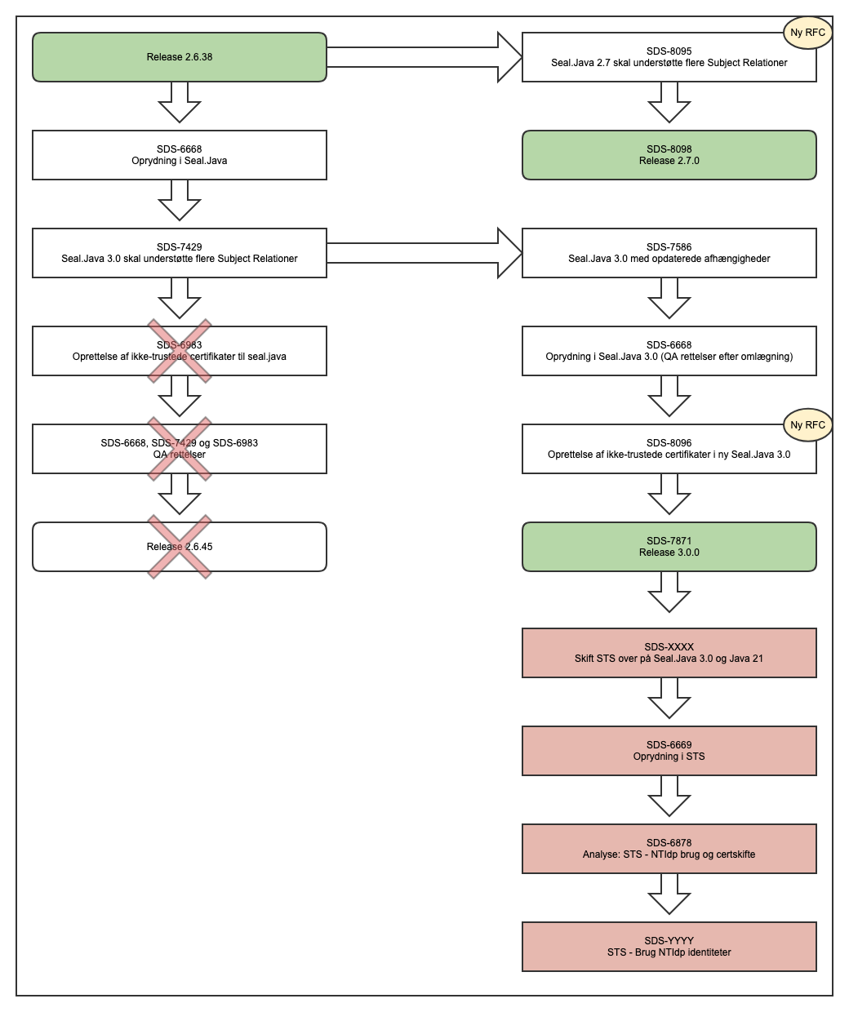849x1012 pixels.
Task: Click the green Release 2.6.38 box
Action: [x=180, y=57]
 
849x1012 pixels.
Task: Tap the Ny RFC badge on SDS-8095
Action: [x=807, y=33]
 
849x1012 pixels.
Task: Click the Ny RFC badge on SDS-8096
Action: [x=807, y=424]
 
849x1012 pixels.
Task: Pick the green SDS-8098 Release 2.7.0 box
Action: [x=669, y=155]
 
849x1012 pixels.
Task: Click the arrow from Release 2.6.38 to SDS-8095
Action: [x=424, y=57]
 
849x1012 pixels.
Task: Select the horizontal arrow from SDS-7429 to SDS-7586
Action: [x=424, y=253]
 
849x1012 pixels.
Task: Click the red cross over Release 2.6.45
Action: [x=180, y=547]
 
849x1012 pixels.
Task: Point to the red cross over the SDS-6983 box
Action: [x=180, y=351]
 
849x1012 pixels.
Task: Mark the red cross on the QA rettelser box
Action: [x=180, y=449]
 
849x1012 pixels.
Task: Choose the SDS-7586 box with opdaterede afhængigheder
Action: [x=669, y=253]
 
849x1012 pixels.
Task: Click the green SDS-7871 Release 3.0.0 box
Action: [x=669, y=547]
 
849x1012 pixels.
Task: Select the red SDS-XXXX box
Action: [x=669, y=653]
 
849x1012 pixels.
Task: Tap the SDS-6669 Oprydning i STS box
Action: [x=669, y=751]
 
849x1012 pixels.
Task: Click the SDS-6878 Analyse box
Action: [x=669, y=849]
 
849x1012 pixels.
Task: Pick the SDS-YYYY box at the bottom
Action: [x=669, y=947]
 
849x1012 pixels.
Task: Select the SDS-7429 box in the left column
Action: [x=180, y=253]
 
